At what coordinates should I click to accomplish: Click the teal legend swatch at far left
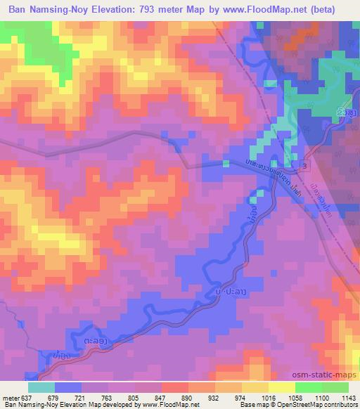(x=41, y=387)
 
